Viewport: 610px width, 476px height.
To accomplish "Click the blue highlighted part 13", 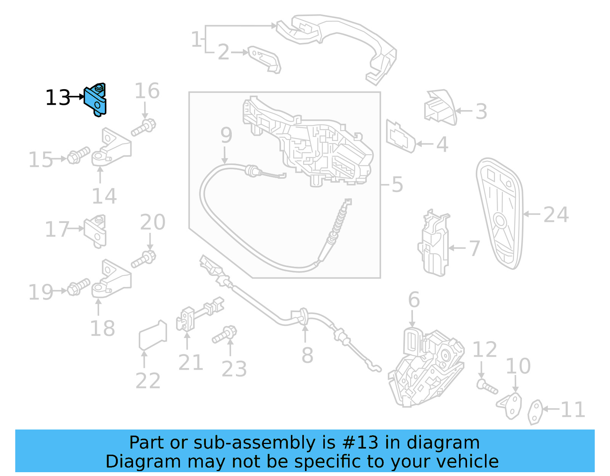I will click(96, 100).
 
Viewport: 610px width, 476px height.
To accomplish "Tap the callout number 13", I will click(58, 98).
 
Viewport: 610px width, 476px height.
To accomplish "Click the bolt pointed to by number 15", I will click(79, 156).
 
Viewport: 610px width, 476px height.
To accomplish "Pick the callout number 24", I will click(556, 215).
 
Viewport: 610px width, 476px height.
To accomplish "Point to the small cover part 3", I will click(440, 108).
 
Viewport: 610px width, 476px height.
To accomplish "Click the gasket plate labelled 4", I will click(400, 137).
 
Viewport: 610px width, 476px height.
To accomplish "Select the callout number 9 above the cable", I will click(226, 135).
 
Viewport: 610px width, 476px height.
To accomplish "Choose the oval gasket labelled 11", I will click(535, 412).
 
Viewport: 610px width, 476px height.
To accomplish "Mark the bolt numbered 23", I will click(225, 334).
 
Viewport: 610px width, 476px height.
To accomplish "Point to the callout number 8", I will click(307, 356).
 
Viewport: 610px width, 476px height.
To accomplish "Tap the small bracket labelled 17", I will click(96, 231).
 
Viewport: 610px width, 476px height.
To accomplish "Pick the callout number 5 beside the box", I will click(397, 184).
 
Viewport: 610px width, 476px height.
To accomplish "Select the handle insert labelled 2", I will click(265, 59).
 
